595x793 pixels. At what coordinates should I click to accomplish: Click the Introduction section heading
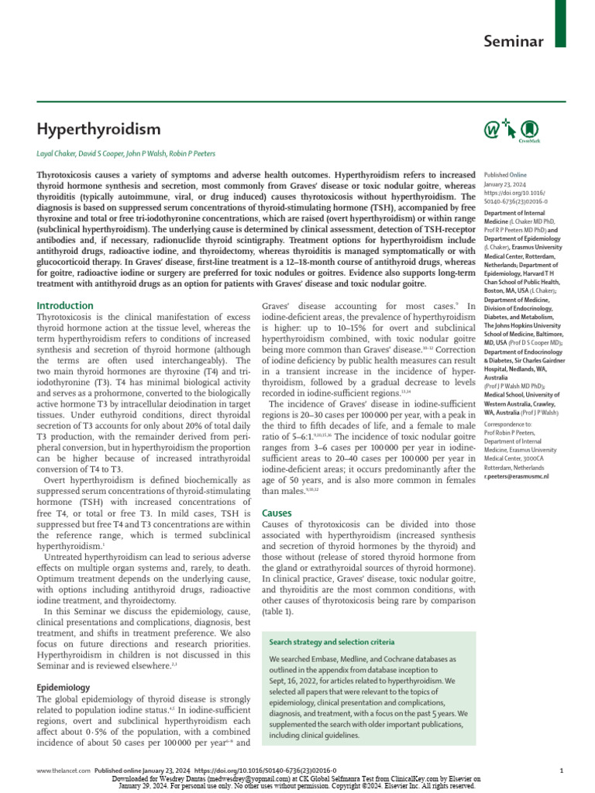tap(65, 305)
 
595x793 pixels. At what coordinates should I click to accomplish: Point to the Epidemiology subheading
tap(64, 687)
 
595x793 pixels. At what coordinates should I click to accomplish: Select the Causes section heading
tap(277, 513)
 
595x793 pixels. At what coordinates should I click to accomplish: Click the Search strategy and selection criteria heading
tap(332, 642)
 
